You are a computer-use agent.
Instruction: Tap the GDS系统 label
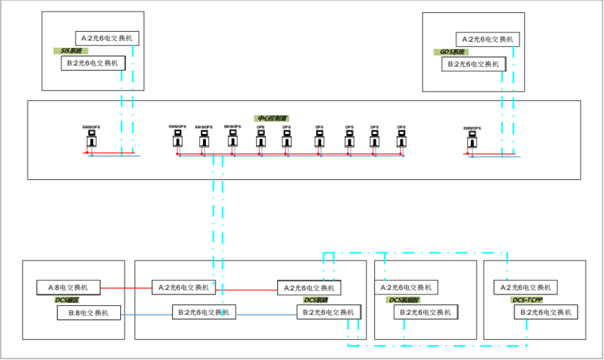(x=453, y=52)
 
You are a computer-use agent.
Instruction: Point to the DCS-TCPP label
(x=526, y=300)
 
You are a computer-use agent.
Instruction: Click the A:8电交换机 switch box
(x=69, y=287)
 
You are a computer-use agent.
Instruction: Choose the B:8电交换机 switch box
(x=89, y=312)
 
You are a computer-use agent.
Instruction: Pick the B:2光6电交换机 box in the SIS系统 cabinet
(x=93, y=63)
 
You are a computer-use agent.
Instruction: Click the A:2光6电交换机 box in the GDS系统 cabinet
(x=487, y=39)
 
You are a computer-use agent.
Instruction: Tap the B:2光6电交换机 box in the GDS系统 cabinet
(x=473, y=64)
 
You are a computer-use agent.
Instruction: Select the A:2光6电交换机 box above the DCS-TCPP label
(x=526, y=287)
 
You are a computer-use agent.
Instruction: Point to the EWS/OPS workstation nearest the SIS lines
(x=90, y=140)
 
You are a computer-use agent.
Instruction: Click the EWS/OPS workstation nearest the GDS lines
(x=472, y=140)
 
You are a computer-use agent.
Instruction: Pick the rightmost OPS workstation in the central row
(x=401, y=140)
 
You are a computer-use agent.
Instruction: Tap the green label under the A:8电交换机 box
(x=68, y=300)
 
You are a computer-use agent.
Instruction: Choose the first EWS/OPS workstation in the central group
(x=177, y=140)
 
